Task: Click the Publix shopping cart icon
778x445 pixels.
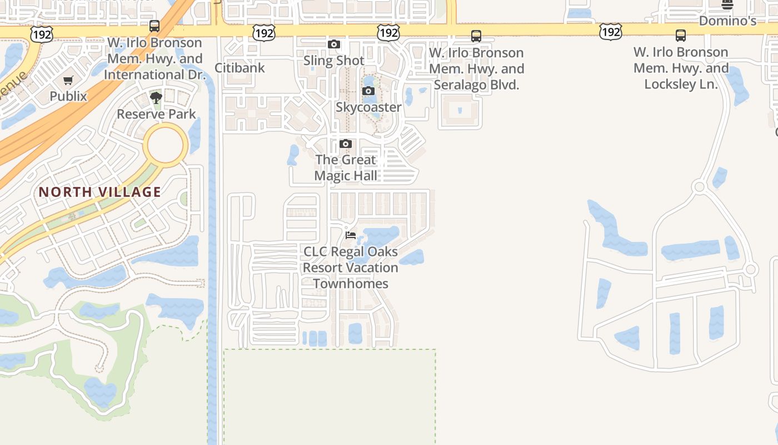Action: [68, 81]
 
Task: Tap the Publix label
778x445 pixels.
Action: [68, 96]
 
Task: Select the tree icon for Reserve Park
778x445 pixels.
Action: [156, 98]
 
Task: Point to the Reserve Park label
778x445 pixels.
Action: [156, 114]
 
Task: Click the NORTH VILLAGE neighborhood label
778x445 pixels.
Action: [100, 192]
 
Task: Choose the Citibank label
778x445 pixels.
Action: [240, 68]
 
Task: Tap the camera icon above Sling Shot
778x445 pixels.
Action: [334, 44]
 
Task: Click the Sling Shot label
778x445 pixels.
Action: [334, 60]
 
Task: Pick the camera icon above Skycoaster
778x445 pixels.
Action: [368, 91]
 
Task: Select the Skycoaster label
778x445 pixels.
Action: [368, 107]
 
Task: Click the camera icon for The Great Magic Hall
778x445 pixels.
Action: [346, 144]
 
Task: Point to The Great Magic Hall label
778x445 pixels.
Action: [346, 167]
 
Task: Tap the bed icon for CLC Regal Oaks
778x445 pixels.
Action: [351, 235]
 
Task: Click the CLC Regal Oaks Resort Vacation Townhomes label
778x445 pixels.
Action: [351, 268]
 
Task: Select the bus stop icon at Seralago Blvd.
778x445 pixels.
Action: [476, 36]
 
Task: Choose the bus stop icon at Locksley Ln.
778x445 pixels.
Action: [681, 36]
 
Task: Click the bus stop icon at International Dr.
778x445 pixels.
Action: [154, 26]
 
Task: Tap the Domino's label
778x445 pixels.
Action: [727, 21]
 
